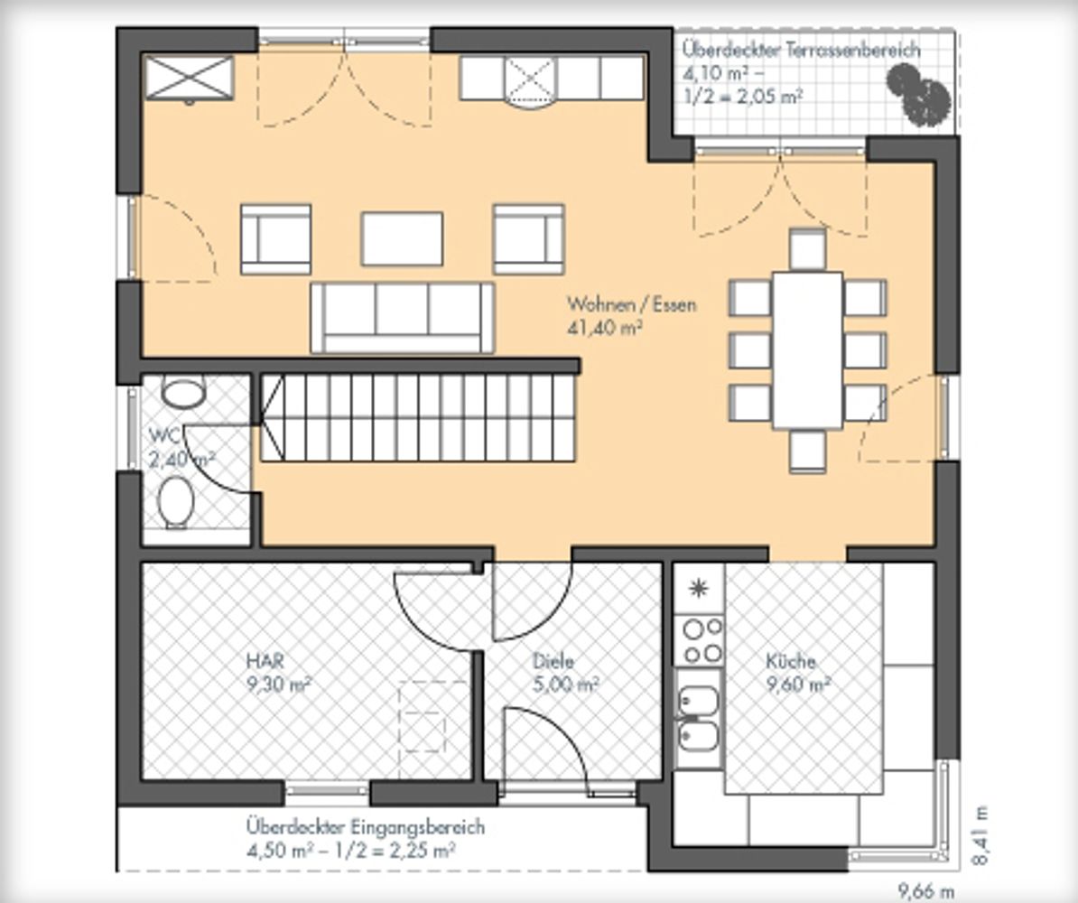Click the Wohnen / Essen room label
(x=631, y=304)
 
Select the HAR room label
(x=265, y=661)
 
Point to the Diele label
(x=553, y=661)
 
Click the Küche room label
(x=791, y=661)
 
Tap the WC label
(x=164, y=434)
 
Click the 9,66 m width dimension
(x=926, y=891)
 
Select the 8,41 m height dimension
(x=981, y=836)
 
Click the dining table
(x=807, y=350)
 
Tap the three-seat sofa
(x=402, y=318)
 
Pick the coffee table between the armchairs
(x=402, y=238)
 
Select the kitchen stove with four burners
(x=699, y=639)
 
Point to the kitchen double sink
(x=699, y=718)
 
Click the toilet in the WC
(x=176, y=502)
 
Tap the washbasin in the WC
(x=183, y=391)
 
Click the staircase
(x=417, y=417)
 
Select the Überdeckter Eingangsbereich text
(x=365, y=826)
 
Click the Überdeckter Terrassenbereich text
(x=801, y=50)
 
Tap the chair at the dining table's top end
(x=807, y=248)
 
